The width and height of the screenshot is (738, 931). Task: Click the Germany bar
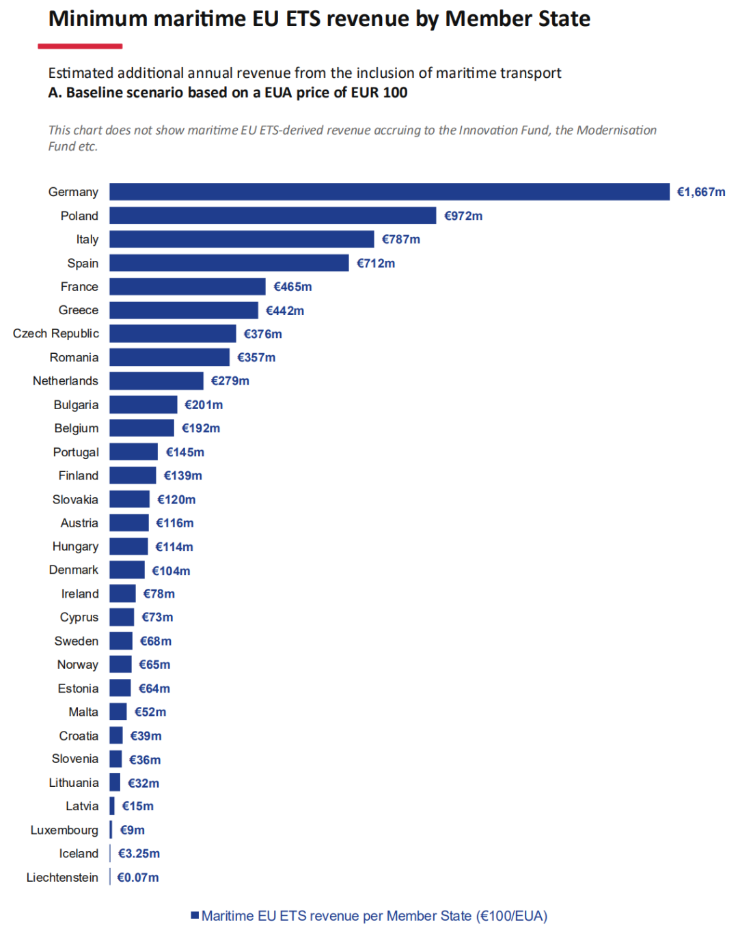click(x=389, y=192)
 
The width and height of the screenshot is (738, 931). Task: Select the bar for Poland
click(x=273, y=215)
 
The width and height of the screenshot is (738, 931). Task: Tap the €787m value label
click(x=401, y=239)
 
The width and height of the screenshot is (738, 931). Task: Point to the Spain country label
click(x=83, y=263)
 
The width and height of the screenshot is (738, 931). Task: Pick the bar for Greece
click(x=184, y=310)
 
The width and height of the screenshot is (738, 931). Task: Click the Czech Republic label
click(x=56, y=333)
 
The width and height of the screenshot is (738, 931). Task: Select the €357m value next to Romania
click(x=256, y=357)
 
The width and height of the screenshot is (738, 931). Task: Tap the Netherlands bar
click(x=156, y=380)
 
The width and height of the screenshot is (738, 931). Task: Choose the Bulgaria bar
click(x=143, y=404)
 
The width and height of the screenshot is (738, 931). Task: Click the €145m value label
click(x=185, y=452)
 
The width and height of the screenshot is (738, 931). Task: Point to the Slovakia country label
click(x=75, y=499)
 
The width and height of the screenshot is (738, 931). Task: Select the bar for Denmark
click(x=127, y=570)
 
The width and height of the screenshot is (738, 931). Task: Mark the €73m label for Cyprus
click(x=158, y=617)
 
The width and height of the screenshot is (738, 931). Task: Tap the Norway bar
click(x=120, y=664)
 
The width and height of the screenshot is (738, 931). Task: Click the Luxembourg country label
click(x=64, y=830)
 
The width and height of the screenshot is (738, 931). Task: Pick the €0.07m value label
click(x=138, y=877)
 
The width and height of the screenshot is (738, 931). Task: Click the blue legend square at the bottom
click(x=195, y=915)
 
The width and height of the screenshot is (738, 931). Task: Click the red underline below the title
click(x=80, y=46)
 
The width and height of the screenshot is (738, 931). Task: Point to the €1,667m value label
click(x=701, y=192)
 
